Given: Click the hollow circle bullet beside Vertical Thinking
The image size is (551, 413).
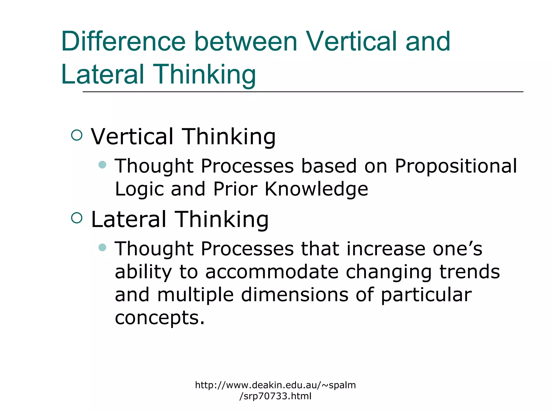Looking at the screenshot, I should click(77, 135).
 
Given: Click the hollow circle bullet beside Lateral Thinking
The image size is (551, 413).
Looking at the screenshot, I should click(77, 218).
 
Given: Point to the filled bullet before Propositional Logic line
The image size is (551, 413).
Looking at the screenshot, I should click(102, 164).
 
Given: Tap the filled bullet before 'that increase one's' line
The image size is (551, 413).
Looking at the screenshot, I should click(102, 247).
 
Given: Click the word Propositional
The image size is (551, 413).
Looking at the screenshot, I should click(455, 166).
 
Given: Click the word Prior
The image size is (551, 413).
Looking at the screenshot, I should click(235, 189).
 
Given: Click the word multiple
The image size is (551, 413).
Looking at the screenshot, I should click(195, 295).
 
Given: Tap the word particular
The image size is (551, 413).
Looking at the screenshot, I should click(426, 295).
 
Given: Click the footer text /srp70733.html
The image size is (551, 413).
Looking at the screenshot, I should click(275, 396).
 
